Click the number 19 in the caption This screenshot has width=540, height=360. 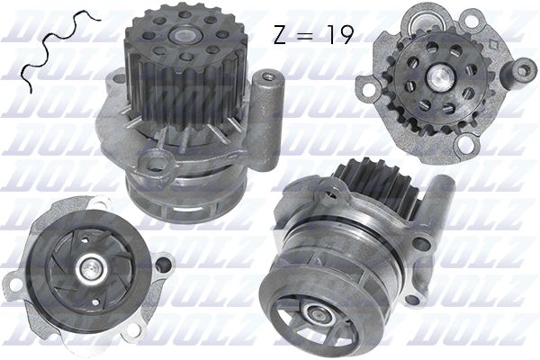point(337,34)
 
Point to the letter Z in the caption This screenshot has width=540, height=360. point(281,34)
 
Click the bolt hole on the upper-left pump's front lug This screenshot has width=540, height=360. point(157,165)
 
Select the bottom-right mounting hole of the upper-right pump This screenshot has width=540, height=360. point(468,145)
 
